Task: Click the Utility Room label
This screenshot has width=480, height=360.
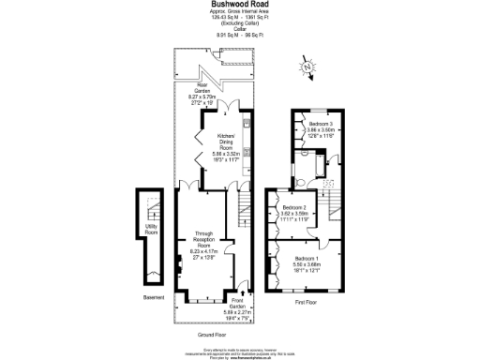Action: [x=151, y=228]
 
